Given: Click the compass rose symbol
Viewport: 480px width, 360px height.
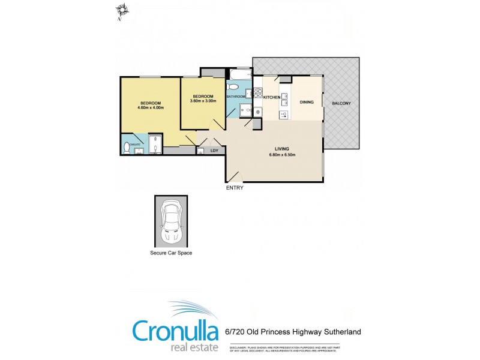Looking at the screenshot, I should [x=123, y=10].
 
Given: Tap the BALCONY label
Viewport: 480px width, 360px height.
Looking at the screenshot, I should [x=341, y=103].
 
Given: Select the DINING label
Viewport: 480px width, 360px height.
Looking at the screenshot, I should [x=307, y=103].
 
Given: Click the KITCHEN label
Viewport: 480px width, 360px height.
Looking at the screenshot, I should [x=272, y=97].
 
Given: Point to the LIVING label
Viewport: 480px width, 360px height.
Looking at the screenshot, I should [x=282, y=148].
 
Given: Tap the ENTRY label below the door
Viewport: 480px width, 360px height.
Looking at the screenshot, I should [x=235, y=188].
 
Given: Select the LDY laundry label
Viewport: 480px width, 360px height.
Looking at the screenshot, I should [x=214, y=150].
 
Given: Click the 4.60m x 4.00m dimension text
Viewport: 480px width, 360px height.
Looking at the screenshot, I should [x=151, y=108].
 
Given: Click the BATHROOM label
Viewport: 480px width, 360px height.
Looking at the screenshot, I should [x=236, y=97].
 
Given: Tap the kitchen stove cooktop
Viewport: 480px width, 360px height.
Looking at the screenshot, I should [x=257, y=93].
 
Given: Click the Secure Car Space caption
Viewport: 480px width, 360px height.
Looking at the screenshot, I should [x=171, y=253].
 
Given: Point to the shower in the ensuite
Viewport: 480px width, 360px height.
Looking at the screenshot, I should [x=155, y=145].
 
